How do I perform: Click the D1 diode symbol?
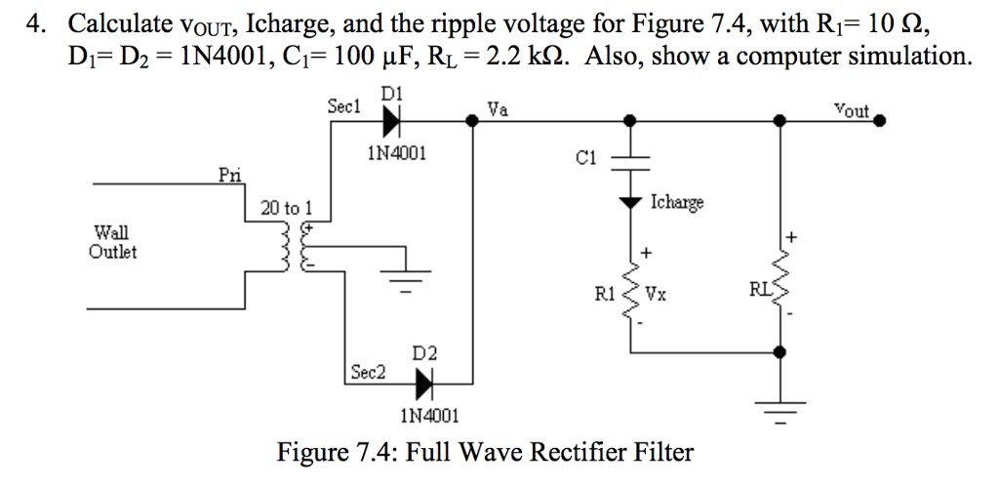392,120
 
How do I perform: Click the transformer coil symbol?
297,250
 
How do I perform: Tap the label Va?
498,110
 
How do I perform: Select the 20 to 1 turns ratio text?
287,207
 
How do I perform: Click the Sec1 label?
343,105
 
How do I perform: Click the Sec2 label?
368,373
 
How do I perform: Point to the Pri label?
229,175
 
